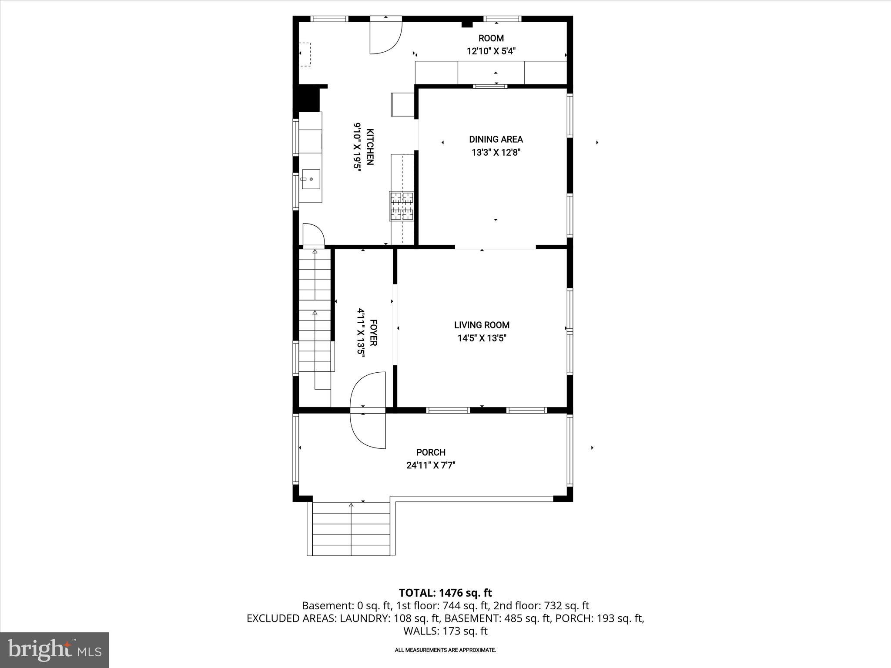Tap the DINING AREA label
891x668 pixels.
(x=496, y=139)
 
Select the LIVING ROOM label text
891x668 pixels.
(x=482, y=325)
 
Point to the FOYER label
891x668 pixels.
(x=373, y=333)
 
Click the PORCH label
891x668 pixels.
(x=431, y=452)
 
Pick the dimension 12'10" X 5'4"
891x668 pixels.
(x=491, y=51)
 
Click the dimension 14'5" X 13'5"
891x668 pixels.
(x=482, y=338)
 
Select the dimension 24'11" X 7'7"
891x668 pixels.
(x=431, y=465)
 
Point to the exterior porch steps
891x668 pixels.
(x=351, y=529)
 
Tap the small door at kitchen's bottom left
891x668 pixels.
(x=313, y=235)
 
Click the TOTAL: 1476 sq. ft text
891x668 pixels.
(x=445, y=593)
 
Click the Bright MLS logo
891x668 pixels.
(x=54, y=650)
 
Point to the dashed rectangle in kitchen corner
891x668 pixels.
(x=305, y=54)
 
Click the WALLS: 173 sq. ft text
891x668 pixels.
(x=445, y=631)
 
